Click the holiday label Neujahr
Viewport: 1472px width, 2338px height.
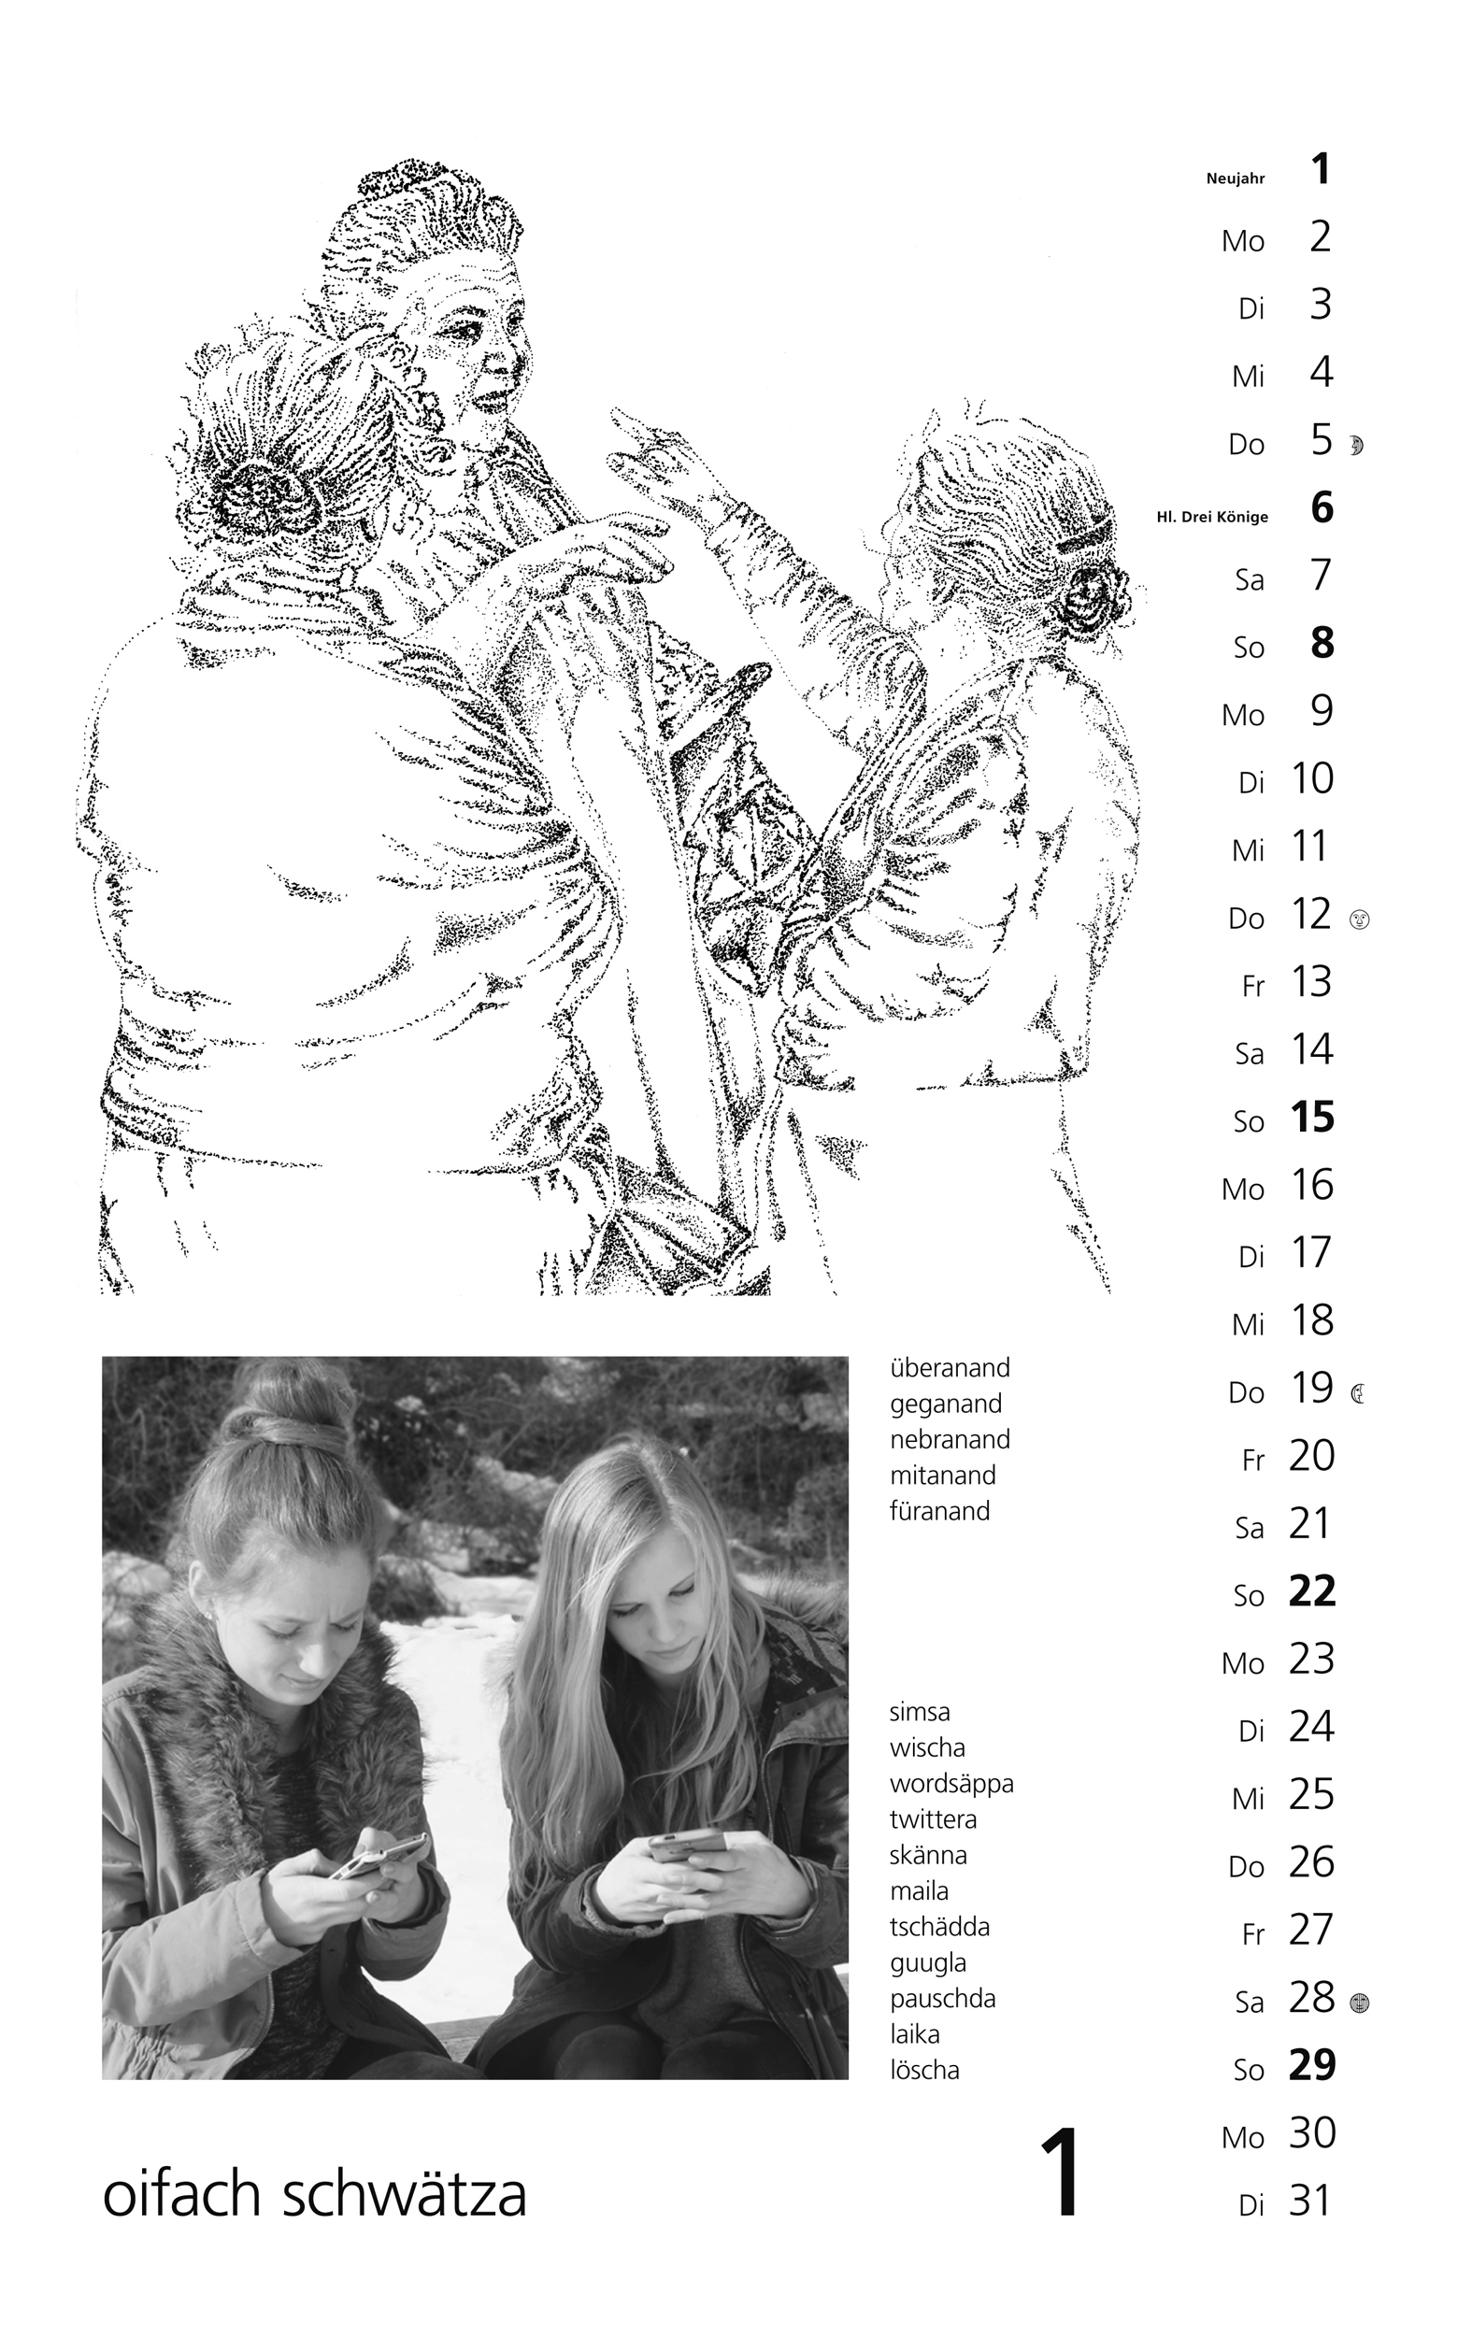point(1236,178)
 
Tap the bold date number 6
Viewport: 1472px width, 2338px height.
point(1322,506)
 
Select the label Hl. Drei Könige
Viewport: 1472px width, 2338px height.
point(1212,518)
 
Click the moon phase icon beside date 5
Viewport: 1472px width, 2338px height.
point(1356,446)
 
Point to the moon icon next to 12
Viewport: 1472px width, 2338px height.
point(1359,919)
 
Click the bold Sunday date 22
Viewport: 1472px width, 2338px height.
point(1312,1590)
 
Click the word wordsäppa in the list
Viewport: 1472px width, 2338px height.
point(951,1785)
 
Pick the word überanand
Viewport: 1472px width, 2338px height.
point(950,1368)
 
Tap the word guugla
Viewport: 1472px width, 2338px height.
point(927,1963)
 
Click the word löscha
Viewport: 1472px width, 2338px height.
point(924,2070)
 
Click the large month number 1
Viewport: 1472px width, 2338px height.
point(1063,2172)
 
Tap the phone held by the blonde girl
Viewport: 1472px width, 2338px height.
point(685,1845)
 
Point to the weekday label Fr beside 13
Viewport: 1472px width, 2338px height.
point(1252,987)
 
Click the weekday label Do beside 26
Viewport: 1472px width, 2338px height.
point(1247,1867)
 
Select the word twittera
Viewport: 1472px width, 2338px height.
point(933,1819)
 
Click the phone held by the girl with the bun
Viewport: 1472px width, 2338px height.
point(379,1857)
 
